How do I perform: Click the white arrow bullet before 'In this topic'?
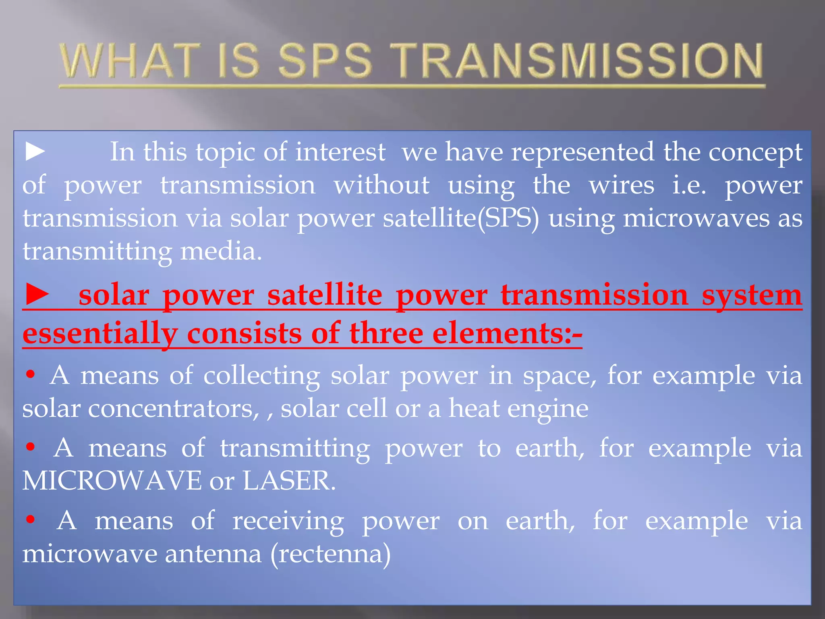click(35, 152)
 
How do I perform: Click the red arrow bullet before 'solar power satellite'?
click(37, 294)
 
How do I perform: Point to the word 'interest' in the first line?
click(340, 152)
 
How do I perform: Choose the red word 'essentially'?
click(100, 334)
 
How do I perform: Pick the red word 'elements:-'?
click(508, 334)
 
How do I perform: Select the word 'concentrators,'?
click(174, 409)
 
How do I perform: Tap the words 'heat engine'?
click(518, 409)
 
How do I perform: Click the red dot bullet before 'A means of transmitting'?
click(30, 447)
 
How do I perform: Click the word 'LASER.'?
click(289, 481)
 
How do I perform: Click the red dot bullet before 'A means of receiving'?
click(30, 519)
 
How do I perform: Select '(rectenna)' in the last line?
click(330, 554)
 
